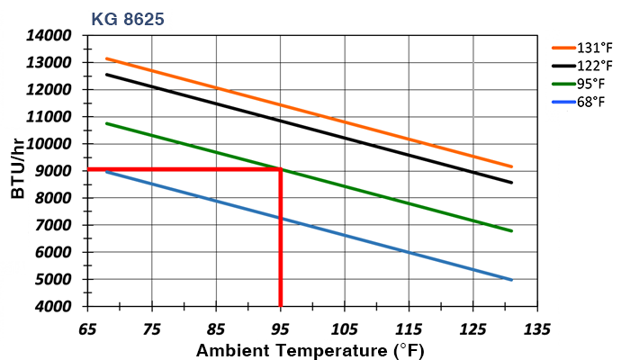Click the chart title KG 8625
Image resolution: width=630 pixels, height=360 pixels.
[127, 17]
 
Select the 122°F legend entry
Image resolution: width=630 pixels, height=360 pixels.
[594, 67]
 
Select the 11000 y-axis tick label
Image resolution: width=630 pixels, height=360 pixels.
[52, 117]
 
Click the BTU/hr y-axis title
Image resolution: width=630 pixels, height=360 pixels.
[19, 171]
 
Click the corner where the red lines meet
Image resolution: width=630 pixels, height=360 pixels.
[281, 169]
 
